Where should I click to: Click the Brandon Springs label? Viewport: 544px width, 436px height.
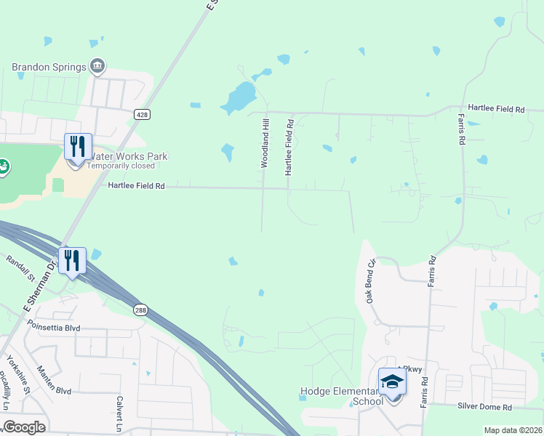click(x=48, y=68)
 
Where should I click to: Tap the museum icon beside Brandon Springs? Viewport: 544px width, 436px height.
click(x=97, y=68)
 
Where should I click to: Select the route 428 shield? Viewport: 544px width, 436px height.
click(x=142, y=114)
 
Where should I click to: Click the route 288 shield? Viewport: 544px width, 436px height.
click(x=141, y=310)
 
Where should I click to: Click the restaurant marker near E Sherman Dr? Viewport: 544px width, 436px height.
click(x=72, y=260)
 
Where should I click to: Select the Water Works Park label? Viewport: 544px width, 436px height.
click(x=127, y=156)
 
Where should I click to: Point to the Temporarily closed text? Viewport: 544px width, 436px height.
click(x=121, y=166)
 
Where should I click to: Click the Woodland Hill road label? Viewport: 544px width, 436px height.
click(x=265, y=144)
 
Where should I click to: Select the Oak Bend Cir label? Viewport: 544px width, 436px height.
click(x=371, y=281)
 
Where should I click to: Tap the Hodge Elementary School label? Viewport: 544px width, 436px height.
click(x=342, y=397)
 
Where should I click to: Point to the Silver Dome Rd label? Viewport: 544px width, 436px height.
click(x=485, y=407)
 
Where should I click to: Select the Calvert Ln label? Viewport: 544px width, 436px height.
click(x=119, y=414)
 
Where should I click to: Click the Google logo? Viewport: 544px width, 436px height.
click(x=24, y=427)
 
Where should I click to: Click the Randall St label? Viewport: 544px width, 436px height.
click(x=20, y=267)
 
